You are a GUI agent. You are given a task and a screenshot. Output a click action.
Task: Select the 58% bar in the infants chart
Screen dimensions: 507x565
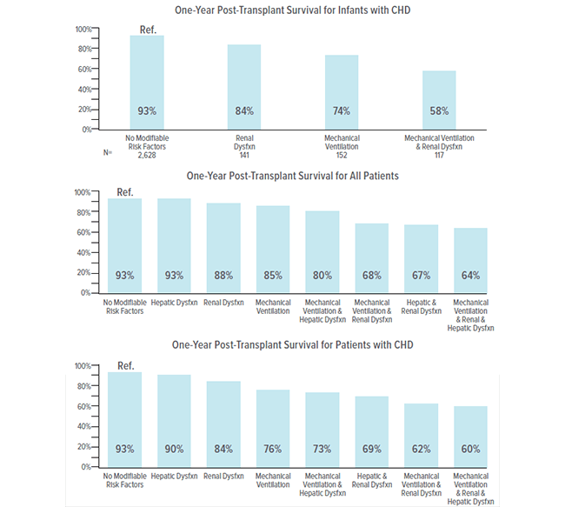(x=439, y=99)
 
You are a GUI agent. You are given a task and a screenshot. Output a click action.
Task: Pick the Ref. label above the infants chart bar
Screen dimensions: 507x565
(x=147, y=30)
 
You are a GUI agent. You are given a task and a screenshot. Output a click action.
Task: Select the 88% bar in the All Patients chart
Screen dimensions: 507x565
(x=223, y=248)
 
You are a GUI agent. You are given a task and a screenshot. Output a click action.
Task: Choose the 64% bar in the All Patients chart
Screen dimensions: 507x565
(x=470, y=260)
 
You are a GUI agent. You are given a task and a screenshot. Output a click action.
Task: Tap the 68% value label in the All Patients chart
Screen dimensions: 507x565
(x=372, y=276)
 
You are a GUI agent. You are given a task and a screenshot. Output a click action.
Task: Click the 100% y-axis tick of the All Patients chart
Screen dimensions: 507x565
(x=81, y=192)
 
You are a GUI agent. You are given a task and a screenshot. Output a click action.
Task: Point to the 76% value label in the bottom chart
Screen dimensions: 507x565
(x=273, y=449)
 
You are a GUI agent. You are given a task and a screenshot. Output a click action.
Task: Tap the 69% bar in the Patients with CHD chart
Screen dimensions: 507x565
(x=372, y=431)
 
